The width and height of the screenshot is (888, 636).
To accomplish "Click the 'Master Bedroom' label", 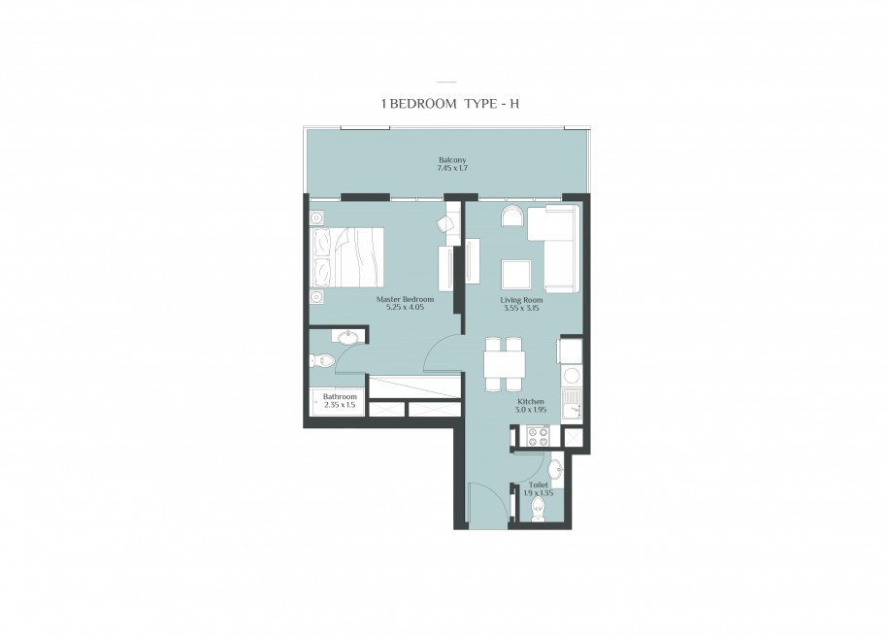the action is [x=405, y=299].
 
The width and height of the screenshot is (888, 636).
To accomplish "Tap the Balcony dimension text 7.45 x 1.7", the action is [x=452, y=168].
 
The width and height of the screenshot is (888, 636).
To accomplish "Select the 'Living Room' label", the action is [x=521, y=300].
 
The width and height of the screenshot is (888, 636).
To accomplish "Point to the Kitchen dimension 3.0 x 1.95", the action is [x=531, y=409].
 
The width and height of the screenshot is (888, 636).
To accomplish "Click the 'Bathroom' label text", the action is [x=340, y=397].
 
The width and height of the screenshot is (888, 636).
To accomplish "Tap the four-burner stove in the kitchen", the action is [x=537, y=436].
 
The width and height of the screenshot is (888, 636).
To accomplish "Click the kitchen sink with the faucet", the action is [x=572, y=405].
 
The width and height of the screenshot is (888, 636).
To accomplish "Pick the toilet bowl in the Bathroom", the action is [x=323, y=359].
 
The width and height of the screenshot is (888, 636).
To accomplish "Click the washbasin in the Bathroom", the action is [x=347, y=338].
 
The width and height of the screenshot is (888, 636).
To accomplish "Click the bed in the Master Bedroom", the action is [x=347, y=257].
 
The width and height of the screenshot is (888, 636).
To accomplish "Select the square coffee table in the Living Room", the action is [x=516, y=275].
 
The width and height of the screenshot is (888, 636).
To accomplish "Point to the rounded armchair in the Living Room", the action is [x=513, y=216].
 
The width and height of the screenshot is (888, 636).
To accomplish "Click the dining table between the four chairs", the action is [x=504, y=364].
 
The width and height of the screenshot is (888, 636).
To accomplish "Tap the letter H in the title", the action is [x=514, y=104].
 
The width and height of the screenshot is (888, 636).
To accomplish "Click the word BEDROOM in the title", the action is [x=423, y=104].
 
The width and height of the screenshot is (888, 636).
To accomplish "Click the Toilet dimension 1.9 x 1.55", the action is [x=539, y=493].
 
